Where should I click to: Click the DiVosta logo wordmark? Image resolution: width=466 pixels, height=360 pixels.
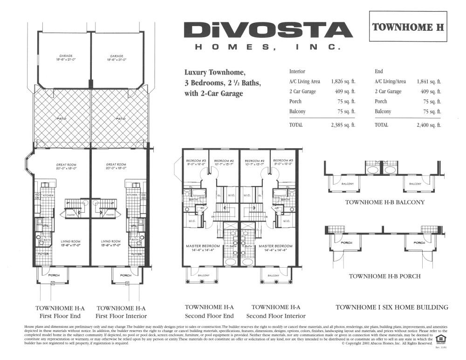[x=267, y=31]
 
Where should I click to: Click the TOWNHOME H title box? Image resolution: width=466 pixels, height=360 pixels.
[x=408, y=27]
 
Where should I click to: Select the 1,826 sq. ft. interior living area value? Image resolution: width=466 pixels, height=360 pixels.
[x=343, y=81]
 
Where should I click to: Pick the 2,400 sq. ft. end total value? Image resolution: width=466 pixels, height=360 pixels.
[x=429, y=125]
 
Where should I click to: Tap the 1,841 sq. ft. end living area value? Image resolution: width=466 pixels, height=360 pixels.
[x=429, y=81]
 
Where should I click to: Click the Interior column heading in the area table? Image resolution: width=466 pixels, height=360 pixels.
[x=297, y=71]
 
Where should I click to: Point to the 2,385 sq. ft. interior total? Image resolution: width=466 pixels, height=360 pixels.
[x=343, y=125]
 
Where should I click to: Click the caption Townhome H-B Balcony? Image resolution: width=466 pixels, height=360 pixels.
[x=385, y=202]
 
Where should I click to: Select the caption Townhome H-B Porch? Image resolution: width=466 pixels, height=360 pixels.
[x=385, y=276]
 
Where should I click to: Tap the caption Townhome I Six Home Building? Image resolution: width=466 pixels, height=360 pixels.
[x=392, y=307]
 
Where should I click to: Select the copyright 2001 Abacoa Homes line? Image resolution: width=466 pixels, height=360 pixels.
[x=387, y=343]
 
